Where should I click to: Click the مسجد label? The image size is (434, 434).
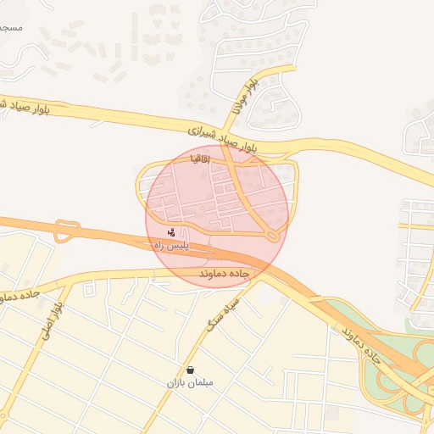click(10, 28)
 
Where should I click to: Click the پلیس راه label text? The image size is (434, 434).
click(170, 245)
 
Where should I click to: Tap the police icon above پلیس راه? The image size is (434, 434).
click(172, 231)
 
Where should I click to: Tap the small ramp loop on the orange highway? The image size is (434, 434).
click(66, 231)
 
